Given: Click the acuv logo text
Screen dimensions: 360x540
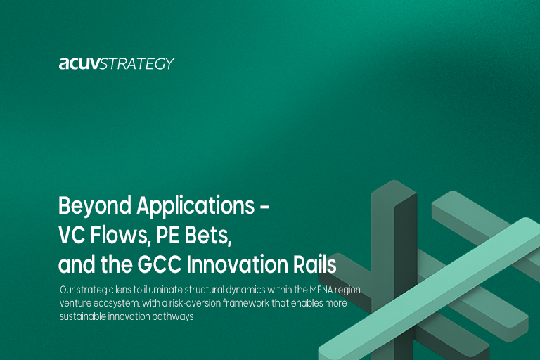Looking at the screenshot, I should pyautogui.click(x=79, y=64).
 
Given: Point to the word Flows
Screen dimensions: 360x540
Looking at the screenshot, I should pyautogui.click(x=118, y=236).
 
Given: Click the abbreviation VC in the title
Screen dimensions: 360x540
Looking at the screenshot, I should pyautogui.click(x=71, y=236).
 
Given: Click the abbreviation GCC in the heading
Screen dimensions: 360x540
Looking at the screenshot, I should pyautogui.click(x=167, y=266).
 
